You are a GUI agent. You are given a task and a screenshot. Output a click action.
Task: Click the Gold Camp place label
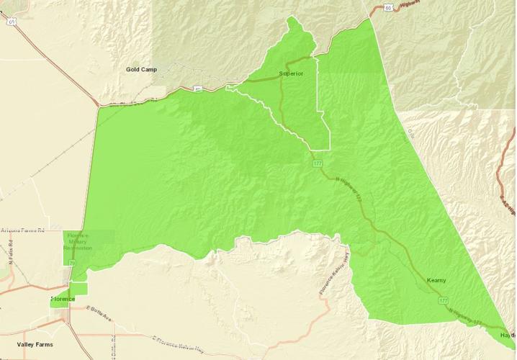[140, 70]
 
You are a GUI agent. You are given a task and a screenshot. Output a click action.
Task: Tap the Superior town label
[291, 73]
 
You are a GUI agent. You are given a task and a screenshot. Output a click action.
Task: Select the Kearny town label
[436, 279]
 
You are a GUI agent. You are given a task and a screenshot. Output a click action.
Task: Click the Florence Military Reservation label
[78, 242]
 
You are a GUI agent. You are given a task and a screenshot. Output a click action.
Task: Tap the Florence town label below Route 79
[63, 299]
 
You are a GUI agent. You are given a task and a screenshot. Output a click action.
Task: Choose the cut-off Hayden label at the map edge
[508, 336]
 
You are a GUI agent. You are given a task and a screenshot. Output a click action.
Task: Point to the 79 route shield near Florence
[72, 264]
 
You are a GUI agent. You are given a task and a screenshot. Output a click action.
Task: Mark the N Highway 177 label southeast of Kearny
[471, 320]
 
